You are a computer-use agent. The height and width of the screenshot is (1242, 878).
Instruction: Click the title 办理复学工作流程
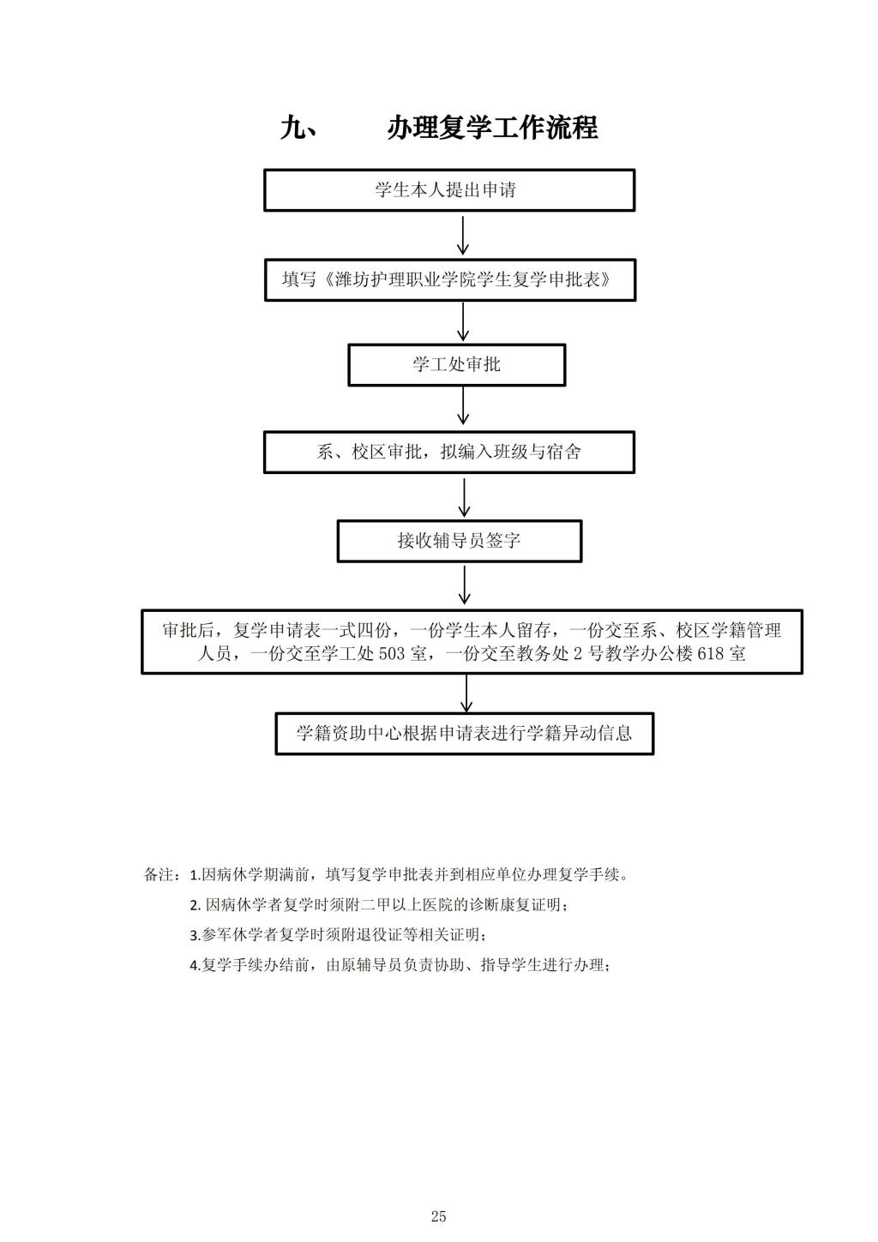click(492, 128)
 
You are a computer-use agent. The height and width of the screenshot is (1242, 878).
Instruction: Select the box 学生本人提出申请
click(449, 190)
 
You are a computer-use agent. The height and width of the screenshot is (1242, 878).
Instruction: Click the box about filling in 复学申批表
click(450, 280)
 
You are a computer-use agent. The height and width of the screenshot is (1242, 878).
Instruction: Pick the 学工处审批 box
click(456, 365)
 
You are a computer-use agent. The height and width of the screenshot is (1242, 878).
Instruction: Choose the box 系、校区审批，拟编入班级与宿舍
click(449, 453)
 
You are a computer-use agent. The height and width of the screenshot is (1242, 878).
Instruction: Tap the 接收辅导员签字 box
click(460, 541)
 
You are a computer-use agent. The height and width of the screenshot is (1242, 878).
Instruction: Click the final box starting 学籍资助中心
click(464, 734)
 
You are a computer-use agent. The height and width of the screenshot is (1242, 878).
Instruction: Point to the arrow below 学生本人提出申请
click(462, 236)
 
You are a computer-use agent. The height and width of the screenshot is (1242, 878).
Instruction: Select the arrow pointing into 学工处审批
click(462, 322)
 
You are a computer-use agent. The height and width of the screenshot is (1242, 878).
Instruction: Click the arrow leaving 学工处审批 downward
click(462, 406)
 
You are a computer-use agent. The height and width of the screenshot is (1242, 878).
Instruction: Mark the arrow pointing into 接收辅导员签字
click(464, 497)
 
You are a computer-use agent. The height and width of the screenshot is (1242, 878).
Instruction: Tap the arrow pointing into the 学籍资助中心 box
click(466, 693)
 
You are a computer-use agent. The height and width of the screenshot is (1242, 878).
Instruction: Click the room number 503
click(392, 654)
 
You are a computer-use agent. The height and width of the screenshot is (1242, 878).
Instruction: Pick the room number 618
click(711, 654)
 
